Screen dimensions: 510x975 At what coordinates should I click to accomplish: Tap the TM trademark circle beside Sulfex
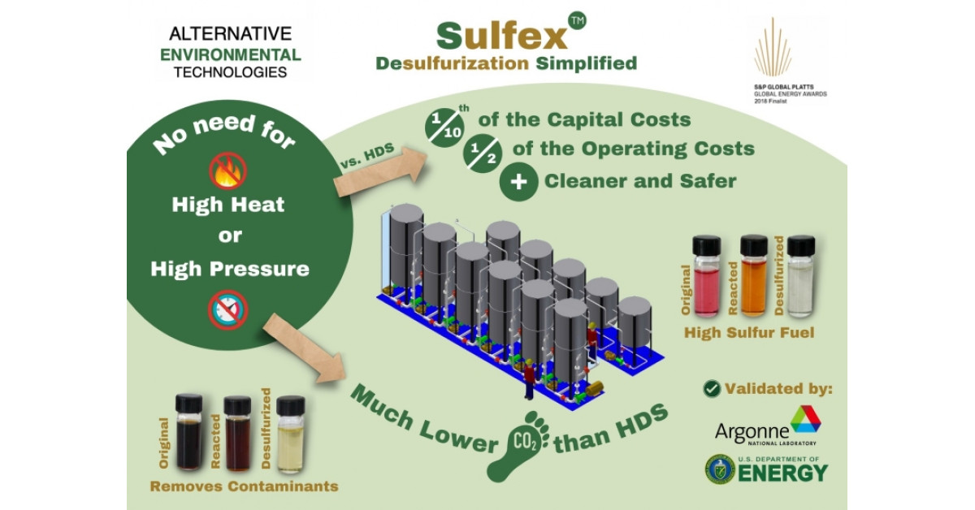tap(577, 22)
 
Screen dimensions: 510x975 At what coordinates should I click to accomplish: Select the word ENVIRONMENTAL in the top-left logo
tap(231, 55)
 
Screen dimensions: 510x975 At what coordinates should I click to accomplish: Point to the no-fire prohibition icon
tap(227, 170)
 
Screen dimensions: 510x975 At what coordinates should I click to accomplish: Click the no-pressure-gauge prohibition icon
tap(227, 310)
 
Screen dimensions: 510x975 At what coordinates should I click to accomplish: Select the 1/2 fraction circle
tap(482, 151)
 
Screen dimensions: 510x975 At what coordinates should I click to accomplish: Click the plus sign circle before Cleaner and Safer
tap(518, 180)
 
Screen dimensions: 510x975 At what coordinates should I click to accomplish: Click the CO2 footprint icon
tap(519, 443)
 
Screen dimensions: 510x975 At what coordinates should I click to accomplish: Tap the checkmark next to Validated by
tap(712, 388)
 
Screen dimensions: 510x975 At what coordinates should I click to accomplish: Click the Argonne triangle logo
tap(805, 418)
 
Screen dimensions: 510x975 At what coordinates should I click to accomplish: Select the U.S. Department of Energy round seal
tap(719, 469)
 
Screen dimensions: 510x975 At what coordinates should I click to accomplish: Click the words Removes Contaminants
tap(245, 486)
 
